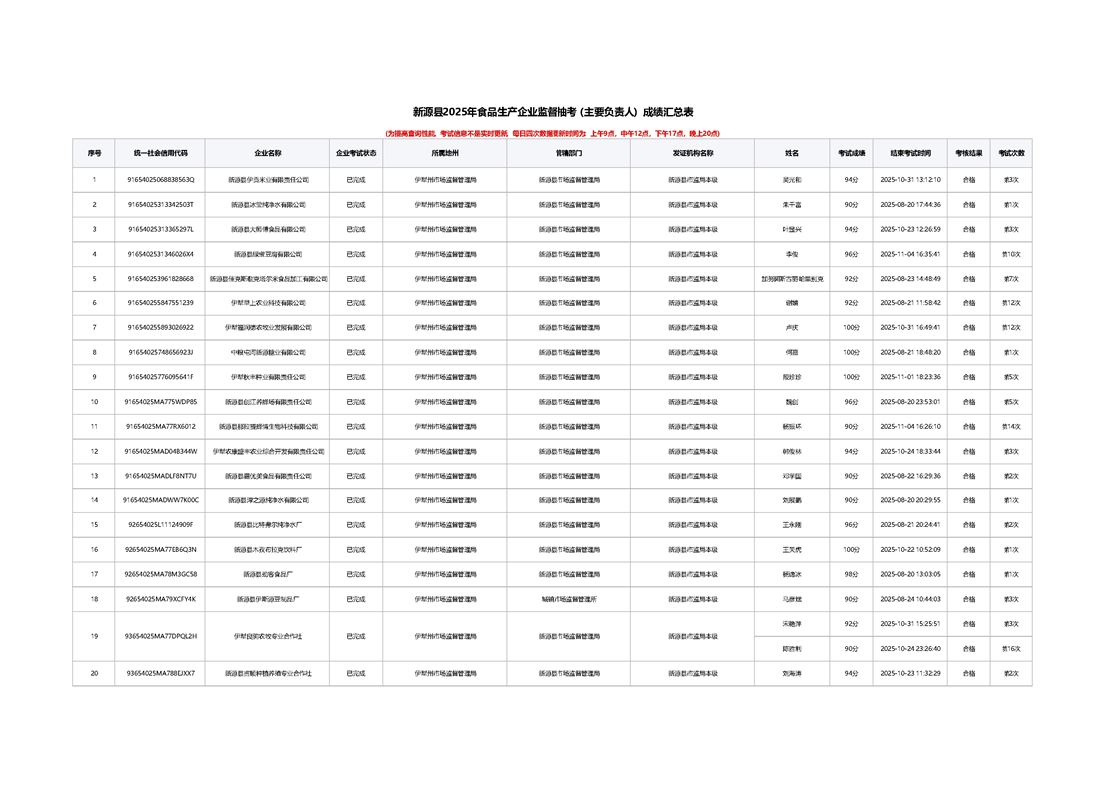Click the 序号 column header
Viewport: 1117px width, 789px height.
94,154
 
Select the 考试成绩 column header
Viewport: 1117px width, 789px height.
851,154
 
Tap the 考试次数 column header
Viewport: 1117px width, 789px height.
1011,154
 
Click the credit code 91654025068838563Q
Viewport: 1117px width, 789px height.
161,180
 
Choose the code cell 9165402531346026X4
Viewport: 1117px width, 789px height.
161,254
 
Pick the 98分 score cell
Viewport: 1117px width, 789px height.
851,574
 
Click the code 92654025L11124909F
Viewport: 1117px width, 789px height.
161,524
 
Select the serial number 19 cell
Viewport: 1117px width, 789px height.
94,636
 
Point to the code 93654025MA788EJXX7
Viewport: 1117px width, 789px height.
161,673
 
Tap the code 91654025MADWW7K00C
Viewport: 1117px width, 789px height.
161,500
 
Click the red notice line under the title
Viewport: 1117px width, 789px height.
553,132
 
